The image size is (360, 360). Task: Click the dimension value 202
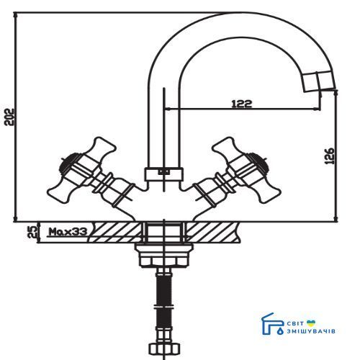[10, 117]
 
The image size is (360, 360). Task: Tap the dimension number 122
[242, 104]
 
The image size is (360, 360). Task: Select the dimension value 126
[330, 156]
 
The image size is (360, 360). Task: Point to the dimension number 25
[35, 232]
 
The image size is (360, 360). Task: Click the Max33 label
[68, 232]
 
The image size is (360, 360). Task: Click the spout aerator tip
[319, 81]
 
